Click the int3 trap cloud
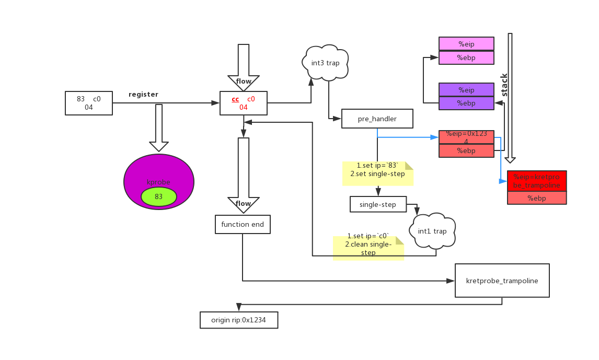click(x=325, y=63)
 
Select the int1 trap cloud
click(x=432, y=231)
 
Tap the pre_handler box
click(x=377, y=119)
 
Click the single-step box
click(x=378, y=204)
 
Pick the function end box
click(x=243, y=224)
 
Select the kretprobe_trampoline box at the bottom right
click(x=502, y=281)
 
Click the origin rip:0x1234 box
click(x=238, y=320)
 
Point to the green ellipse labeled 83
click(x=158, y=197)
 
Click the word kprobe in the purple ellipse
click(x=158, y=182)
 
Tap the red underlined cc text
click(x=235, y=99)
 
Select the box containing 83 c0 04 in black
click(x=88, y=103)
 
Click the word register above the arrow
click(x=143, y=95)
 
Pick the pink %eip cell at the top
click(x=466, y=44)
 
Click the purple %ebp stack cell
click(x=466, y=103)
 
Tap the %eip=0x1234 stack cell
click(x=466, y=137)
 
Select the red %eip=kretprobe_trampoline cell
click(x=537, y=181)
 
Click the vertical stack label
click(x=504, y=85)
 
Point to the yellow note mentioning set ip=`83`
click(x=377, y=173)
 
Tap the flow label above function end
click(x=243, y=203)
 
